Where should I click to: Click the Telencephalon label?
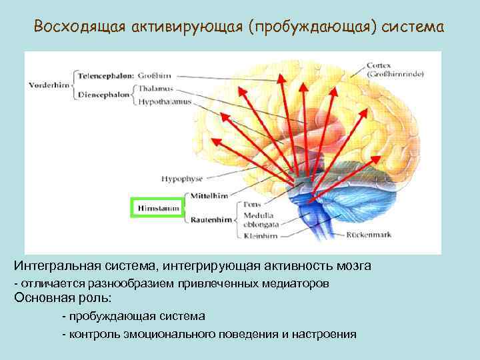105,75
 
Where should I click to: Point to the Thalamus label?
157,89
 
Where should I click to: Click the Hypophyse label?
182,179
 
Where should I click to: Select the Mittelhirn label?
209,195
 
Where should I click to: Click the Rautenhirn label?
209,219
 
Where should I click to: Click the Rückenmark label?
366,235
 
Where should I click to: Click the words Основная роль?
63,297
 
